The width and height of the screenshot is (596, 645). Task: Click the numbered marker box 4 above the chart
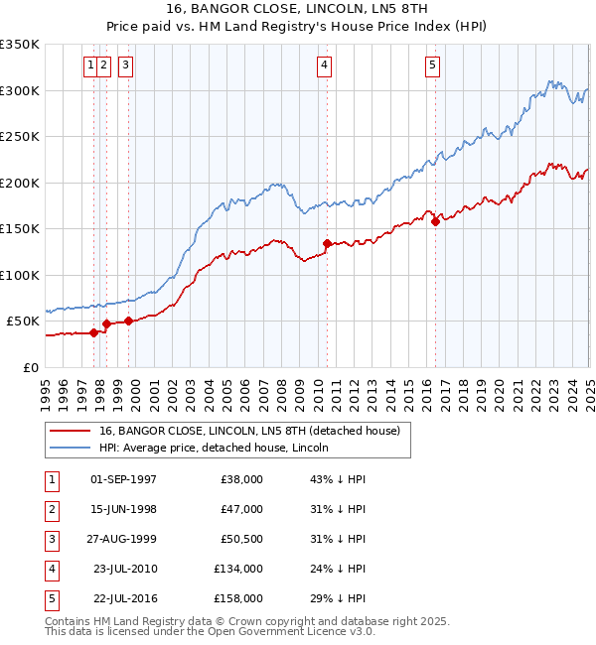click(x=325, y=66)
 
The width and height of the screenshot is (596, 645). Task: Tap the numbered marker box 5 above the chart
click(x=433, y=66)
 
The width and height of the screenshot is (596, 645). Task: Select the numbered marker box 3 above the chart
click(x=126, y=66)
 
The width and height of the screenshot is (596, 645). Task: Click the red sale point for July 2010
click(x=326, y=243)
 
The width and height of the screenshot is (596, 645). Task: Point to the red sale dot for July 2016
click(x=435, y=221)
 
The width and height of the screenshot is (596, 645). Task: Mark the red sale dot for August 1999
click(x=128, y=321)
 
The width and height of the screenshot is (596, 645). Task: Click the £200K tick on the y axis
click(x=20, y=183)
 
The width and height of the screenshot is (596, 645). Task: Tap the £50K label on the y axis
click(x=23, y=322)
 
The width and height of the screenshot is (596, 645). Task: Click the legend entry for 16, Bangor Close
click(x=248, y=431)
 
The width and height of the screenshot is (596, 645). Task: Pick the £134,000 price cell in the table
click(x=239, y=570)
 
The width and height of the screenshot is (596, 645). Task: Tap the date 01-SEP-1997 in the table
click(x=123, y=479)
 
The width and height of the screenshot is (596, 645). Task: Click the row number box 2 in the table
click(x=50, y=509)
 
